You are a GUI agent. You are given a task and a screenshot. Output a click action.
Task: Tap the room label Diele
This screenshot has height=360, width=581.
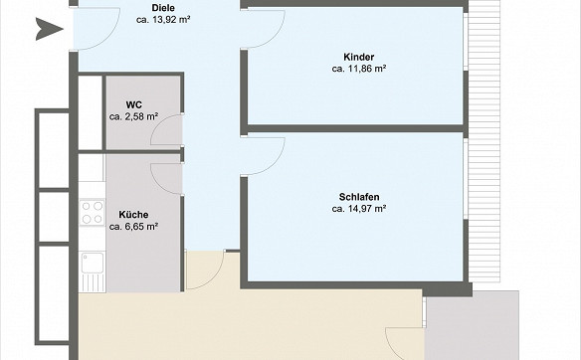tap(163, 8)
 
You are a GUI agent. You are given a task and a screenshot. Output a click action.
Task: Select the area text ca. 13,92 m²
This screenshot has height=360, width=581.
tap(163, 20)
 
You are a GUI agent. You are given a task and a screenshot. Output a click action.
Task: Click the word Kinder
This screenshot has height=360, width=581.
tap(359, 57)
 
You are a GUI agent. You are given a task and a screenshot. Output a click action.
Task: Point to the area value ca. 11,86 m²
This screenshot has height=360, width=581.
tap(359, 69)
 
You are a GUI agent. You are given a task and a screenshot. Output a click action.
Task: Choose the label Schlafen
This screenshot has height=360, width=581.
tap(359, 197)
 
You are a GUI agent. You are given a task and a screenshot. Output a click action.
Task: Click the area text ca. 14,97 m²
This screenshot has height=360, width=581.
tap(359, 209)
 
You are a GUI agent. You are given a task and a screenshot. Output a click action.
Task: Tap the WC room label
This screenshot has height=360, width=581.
tap(133, 104)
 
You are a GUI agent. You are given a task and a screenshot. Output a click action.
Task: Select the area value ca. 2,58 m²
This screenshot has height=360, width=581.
tap(133, 116)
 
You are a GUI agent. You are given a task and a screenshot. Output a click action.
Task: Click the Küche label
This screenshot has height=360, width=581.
tap(133, 215)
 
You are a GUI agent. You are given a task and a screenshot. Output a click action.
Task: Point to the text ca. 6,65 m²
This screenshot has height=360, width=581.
tap(133, 227)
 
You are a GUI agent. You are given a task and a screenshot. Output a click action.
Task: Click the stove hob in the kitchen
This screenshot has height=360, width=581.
tap(93, 212)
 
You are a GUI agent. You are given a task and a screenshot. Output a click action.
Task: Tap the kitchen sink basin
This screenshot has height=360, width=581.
tap(93, 263)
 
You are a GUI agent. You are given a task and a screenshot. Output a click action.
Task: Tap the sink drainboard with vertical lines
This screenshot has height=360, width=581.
tap(93, 282)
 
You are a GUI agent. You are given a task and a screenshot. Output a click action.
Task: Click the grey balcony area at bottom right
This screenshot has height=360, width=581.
tap(472, 326)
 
